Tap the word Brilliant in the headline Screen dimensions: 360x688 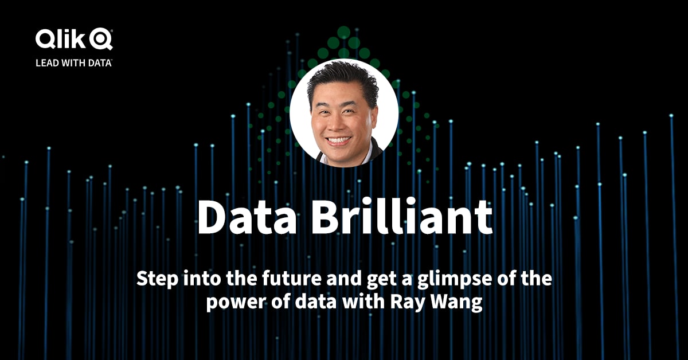pyautogui.click(x=396, y=218)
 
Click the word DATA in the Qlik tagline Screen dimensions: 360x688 pyautogui.click(x=99, y=62)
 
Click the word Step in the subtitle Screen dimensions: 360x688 pyautogui.click(x=154, y=280)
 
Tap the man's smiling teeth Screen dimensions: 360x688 pyautogui.click(x=339, y=139)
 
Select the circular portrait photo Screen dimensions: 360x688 pyautogui.click(x=343, y=112)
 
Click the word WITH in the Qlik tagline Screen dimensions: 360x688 pyautogui.click(x=73, y=62)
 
